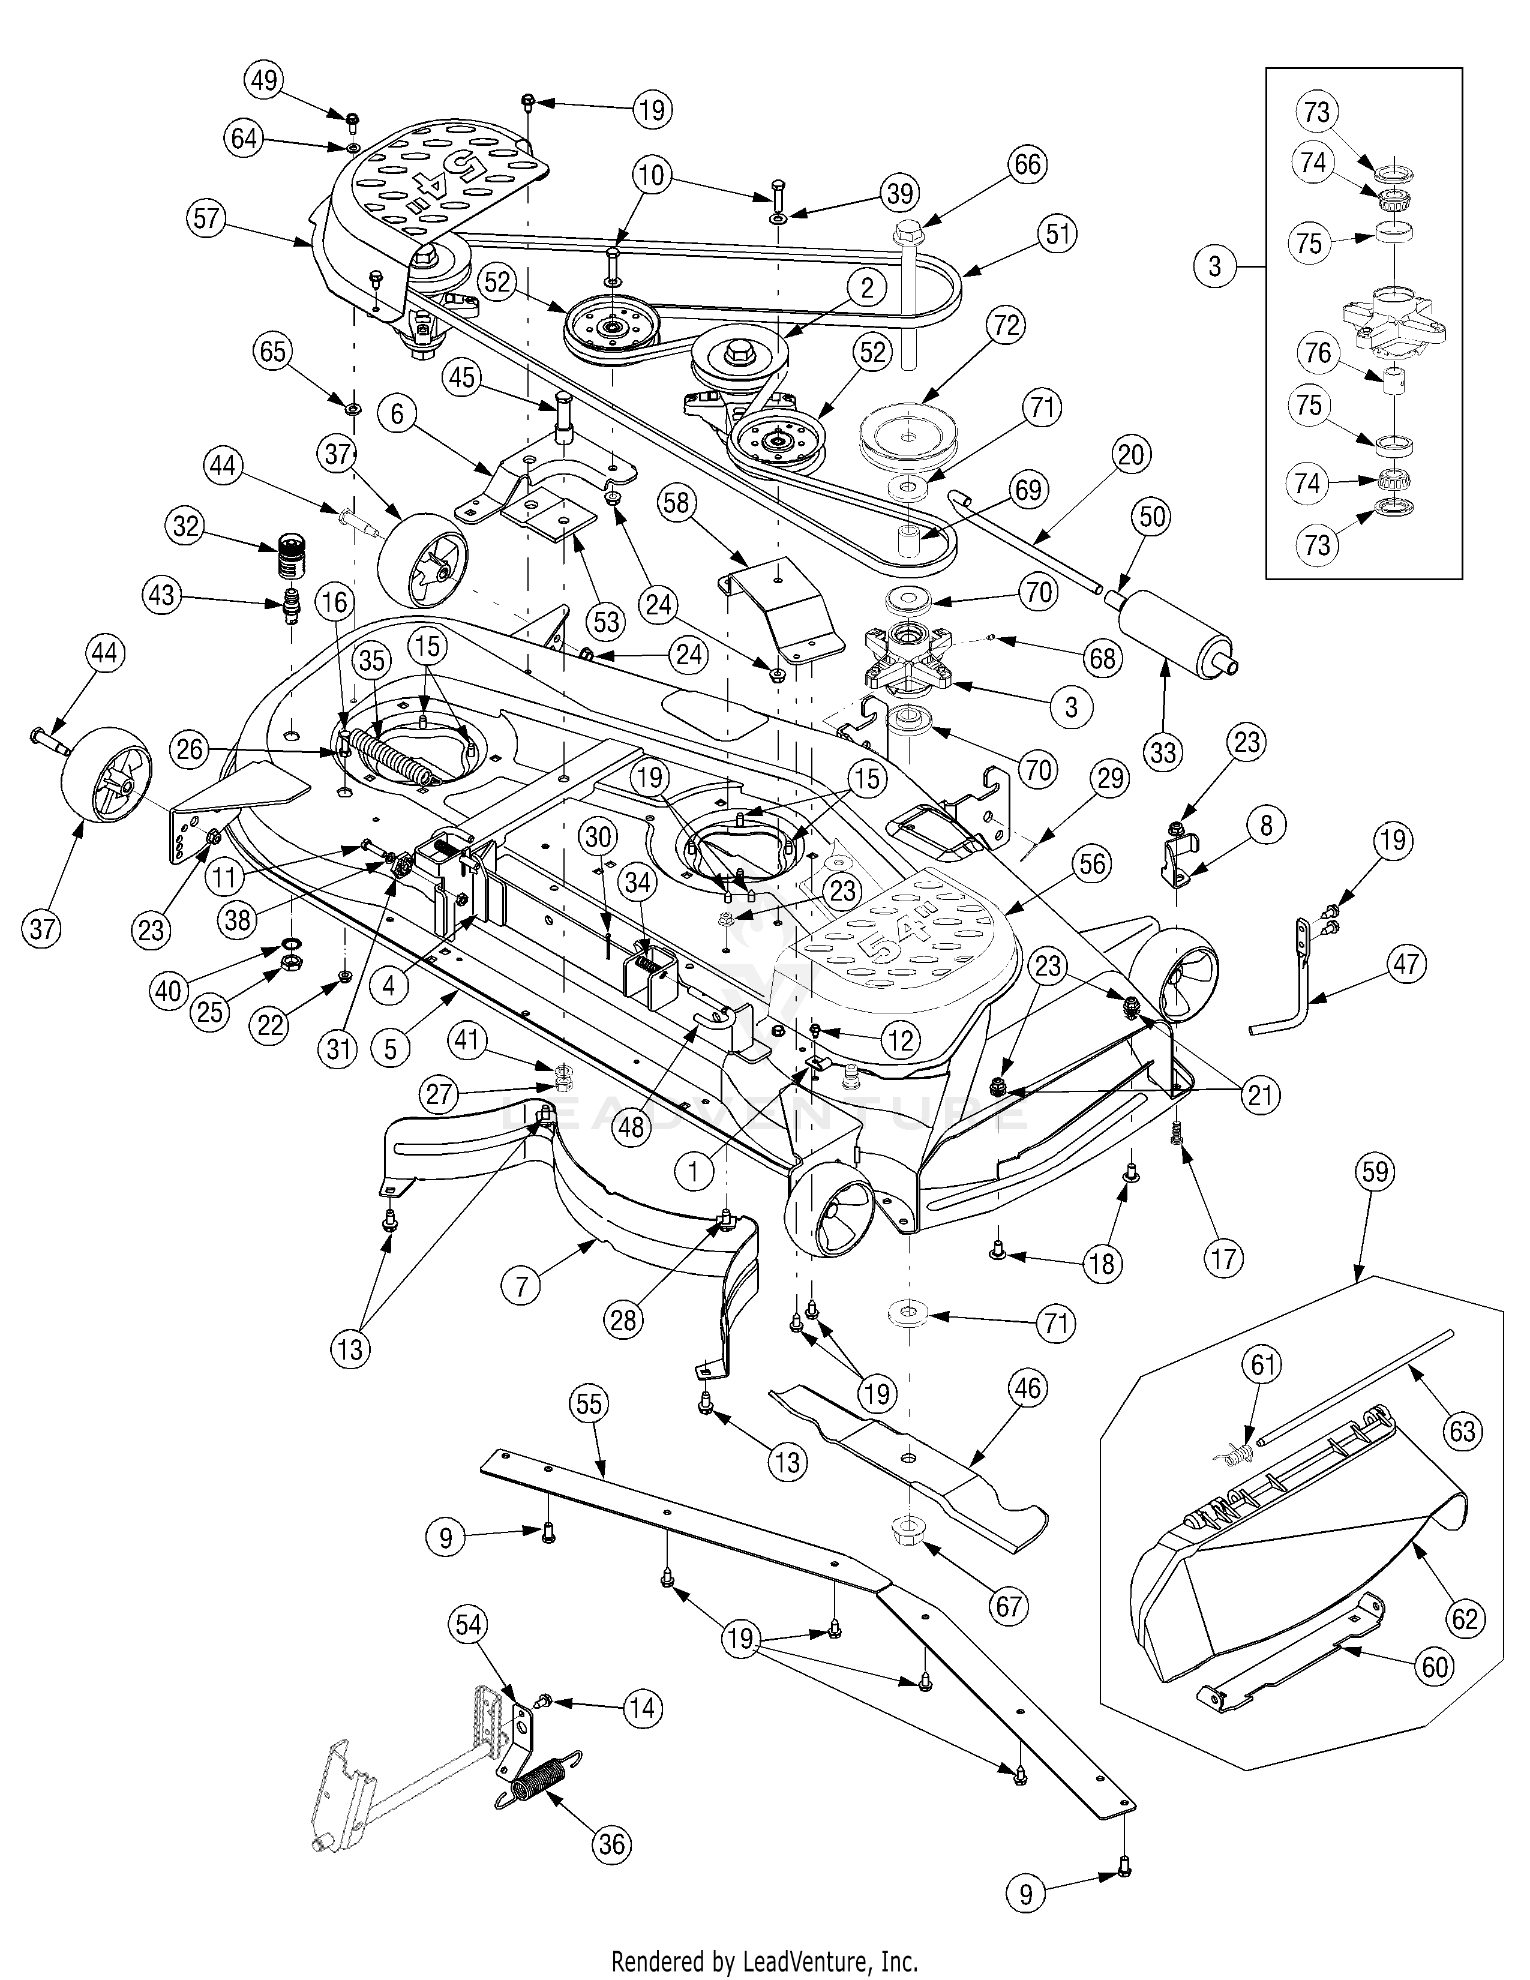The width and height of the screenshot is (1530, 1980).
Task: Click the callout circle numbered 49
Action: click(264, 80)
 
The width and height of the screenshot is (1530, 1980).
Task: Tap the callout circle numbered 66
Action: click(1027, 165)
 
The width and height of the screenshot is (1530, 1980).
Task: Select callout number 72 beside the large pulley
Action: click(1007, 325)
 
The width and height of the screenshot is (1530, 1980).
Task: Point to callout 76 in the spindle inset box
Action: click(1318, 353)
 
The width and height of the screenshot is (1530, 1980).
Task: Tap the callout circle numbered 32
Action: click(186, 526)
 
